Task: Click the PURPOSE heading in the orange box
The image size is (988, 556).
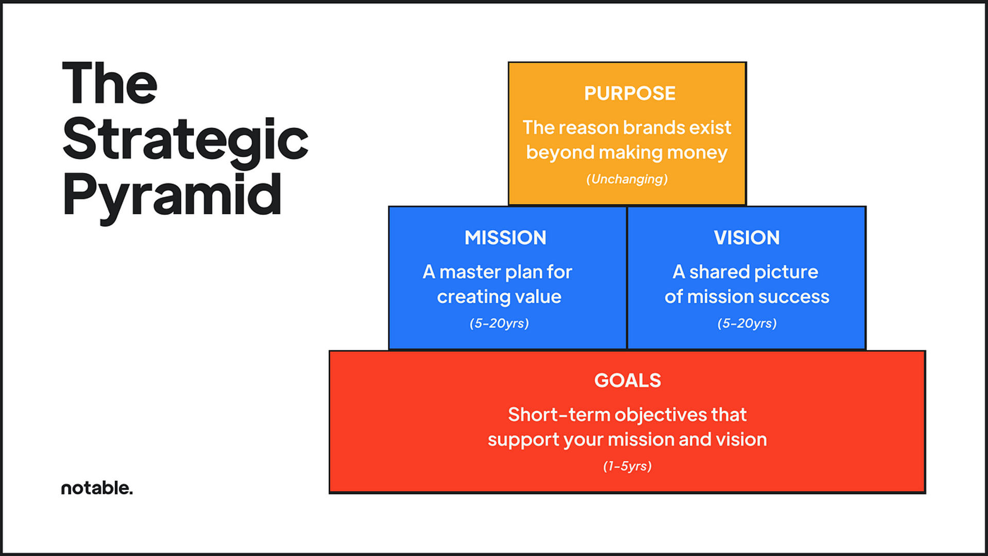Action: click(629, 94)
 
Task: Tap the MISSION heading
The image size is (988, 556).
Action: click(505, 238)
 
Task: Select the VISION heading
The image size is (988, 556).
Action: click(747, 238)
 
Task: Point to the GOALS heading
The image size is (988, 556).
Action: click(627, 381)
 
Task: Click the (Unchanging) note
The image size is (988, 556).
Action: click(627, 179)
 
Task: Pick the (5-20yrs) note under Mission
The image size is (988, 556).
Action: click(499, 323)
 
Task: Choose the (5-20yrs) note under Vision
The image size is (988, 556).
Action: click(747, 323)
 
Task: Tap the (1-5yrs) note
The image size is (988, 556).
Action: click(627, 466)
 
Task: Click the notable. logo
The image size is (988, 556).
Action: click(97, 488)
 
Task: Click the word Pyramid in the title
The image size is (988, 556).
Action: click(172, 195)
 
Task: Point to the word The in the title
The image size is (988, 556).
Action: click(110, 83)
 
